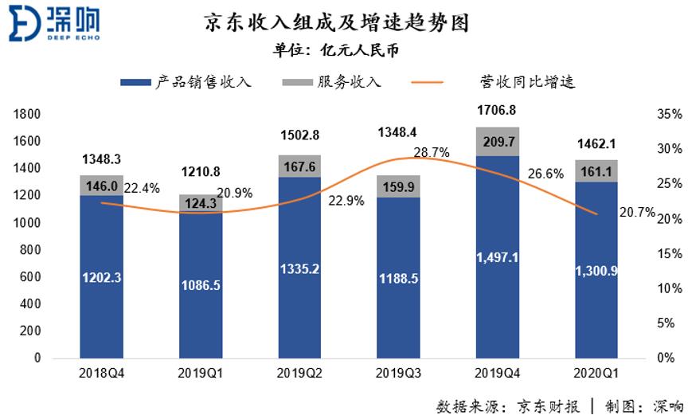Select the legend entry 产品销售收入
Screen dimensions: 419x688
(186, 82)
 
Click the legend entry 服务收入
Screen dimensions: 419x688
(333, 82)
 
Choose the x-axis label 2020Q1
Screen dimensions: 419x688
(596, 374)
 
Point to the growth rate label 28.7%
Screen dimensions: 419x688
(432, 152)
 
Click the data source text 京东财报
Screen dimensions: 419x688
(549, 405)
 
